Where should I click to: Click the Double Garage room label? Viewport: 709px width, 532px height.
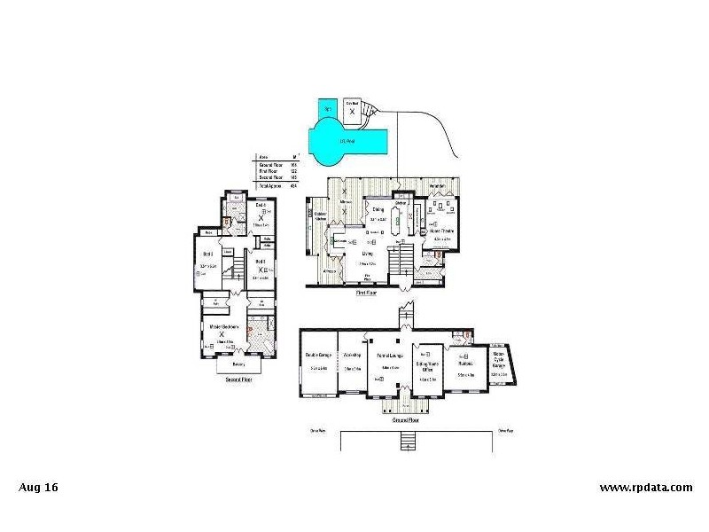click(x=316, y=356)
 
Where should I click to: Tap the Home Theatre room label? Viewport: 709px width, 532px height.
click(x=441, y=231)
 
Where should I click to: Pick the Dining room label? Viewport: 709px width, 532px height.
click(x=378, y=210)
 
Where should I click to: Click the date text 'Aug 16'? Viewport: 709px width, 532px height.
click(x=38, y=487)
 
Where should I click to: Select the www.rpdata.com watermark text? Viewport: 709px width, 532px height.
click(x=646, y=487)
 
